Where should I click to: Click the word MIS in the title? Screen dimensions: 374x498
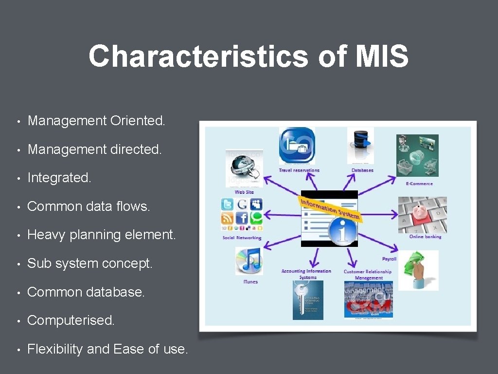pos(381,56)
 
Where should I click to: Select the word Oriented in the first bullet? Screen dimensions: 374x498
pos(138,121)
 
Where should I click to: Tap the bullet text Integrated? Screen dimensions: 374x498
pos(59,178)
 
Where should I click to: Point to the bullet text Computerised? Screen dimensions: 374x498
pos(71,320)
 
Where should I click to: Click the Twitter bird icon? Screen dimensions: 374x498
pos(227,205)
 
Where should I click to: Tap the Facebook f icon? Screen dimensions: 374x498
pos(242,218)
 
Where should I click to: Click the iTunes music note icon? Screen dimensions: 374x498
pos(249,261)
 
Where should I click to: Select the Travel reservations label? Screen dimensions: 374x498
pos(299,170)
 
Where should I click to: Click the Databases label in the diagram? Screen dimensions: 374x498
pos(362,170)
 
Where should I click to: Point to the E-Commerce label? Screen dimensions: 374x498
pos(419,184)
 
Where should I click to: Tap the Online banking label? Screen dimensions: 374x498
pos(425,237)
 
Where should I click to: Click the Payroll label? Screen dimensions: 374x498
pos(390,259)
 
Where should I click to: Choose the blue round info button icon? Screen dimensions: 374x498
pos(342,231)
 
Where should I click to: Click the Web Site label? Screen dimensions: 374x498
pos(244,192)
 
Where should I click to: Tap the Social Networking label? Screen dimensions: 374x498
pos(242,238)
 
